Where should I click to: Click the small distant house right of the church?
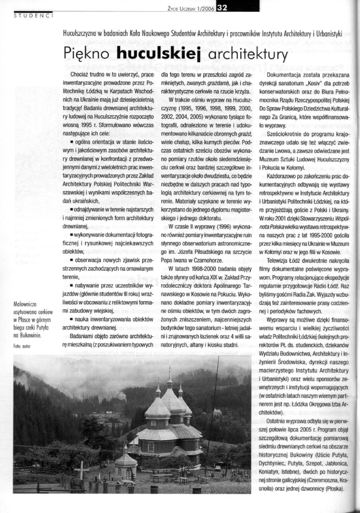[217, 412]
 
